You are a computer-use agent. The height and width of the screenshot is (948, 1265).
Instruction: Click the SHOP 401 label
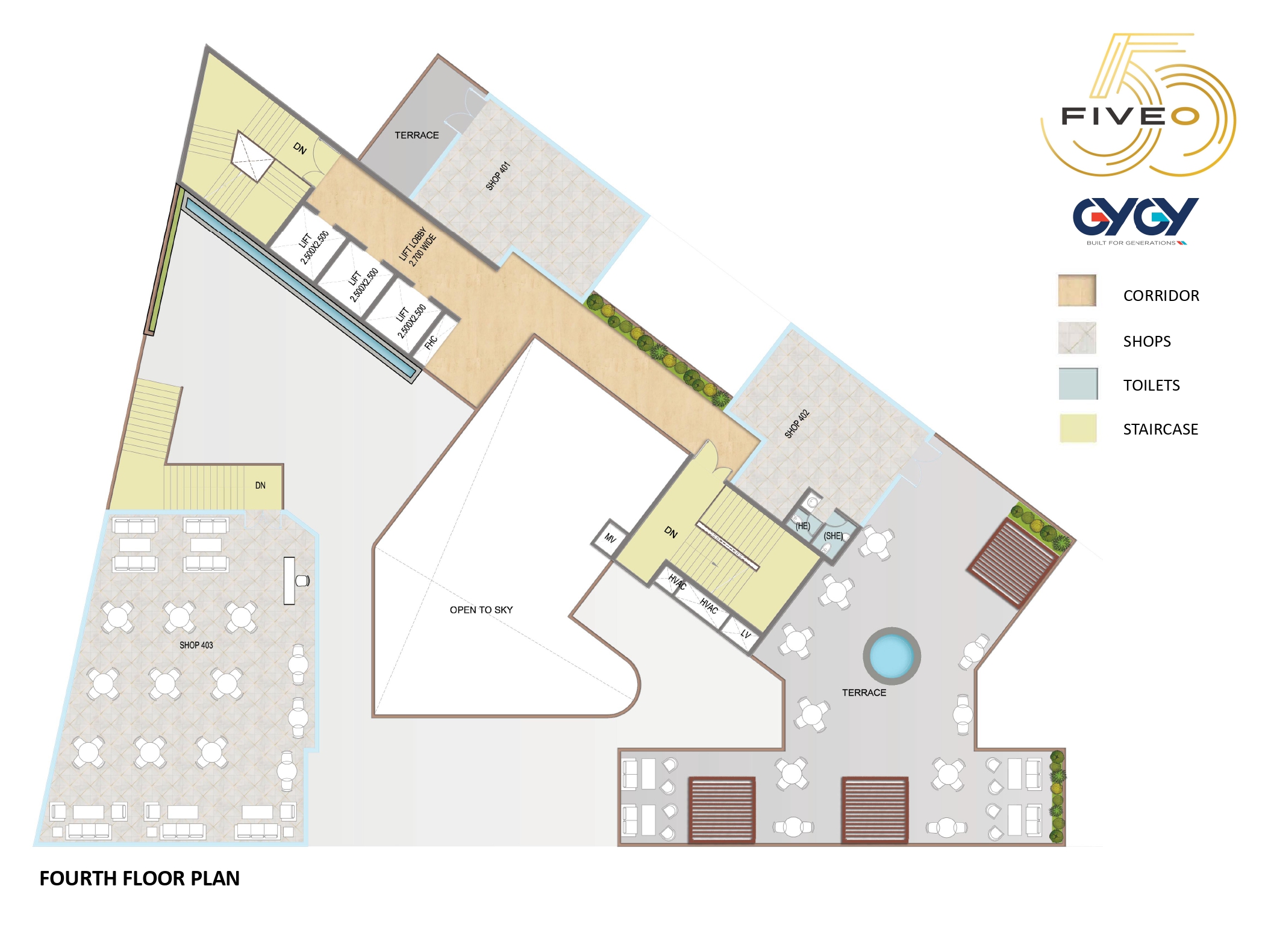pyautogui.click(x=498, y=176)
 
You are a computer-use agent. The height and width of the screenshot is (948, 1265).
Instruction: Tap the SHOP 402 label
pyautogui.click(x=796, y=424)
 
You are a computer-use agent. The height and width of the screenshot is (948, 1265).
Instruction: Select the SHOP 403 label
pyautogui.click(x=196, y=645)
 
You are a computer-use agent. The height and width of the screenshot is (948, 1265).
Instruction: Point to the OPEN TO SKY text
pyautogui.click(x=481, y=610)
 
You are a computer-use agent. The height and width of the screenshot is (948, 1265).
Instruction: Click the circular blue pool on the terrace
pyautogui.click(x=892, y=655)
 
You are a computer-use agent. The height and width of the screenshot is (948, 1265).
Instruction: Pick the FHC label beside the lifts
pyautogui.click(x=431, y=342)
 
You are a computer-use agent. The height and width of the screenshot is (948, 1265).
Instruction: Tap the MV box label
pyautogui.click(x=610, y=538)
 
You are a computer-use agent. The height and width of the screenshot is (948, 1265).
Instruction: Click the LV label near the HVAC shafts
pyautogui.click(x=746, y=633)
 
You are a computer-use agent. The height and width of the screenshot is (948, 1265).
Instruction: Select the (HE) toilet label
pyautogui.click(x=802, y=526)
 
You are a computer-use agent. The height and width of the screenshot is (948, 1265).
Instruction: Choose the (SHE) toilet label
pyautogui.click(x=833, y=536)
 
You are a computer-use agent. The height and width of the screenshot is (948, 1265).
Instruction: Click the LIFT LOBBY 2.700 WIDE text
pyautogui.click(x=417, y=247)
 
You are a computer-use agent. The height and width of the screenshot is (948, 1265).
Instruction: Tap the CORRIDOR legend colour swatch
pyautogui.click(x=1077, y=290)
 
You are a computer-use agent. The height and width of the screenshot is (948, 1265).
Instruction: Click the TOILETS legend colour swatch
pyautogui.click(x=1078, y=383)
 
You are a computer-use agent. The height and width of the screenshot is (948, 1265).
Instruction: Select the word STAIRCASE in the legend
pyautogui.click(x=1160, y=429)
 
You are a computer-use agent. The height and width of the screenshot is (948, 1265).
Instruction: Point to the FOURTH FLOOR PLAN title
pyautogui.click(x=140, y=878)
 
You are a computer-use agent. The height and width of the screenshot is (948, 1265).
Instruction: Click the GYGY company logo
pyautogui.click(x=1135, y=220)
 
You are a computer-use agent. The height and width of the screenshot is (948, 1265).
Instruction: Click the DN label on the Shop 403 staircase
pyautogui.click(x=260, y=485)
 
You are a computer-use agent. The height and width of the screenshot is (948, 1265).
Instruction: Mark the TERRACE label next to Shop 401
pyautogui.click(x=417, y=135)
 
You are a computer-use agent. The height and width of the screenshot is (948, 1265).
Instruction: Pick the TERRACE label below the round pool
pyautogui.click(x=864, y=693)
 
